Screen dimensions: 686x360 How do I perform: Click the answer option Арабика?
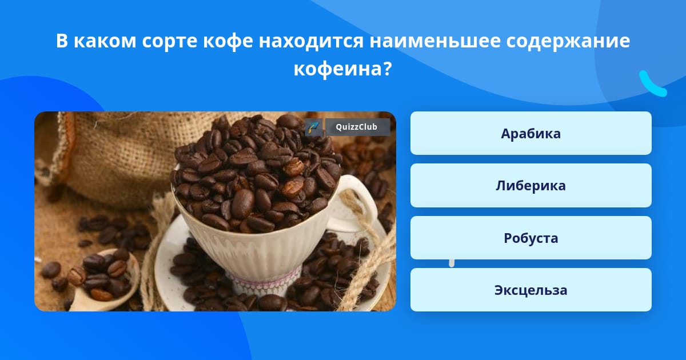pyautogui.click(x=531, y=133)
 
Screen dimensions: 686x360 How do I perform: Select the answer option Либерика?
pyautogui.click(x=531, y=186)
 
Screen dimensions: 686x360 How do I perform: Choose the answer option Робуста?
pyautogui.click(x=531, y=238)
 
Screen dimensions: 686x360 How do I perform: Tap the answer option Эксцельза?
pyautogui.click(x=531, y=290)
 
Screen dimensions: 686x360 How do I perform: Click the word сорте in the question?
pyautogui.click(x=170, y=42)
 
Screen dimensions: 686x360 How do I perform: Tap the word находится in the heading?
pyautogui.click(x=311, y=41)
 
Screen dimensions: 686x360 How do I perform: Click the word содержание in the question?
pyautogui.click(x=568, y=41)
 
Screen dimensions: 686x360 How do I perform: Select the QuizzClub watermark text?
pyautogui.click(x=357, y=127)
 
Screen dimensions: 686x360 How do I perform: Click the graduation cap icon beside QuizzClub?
pyautogui.click(x=314, y=127)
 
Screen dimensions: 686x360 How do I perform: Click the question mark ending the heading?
pyautogui.click(x=387, y=68)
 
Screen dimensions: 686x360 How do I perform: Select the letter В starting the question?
pyautogui.click(x=62, y=41)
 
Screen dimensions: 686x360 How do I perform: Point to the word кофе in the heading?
pyautogui.click(x=228, y=41)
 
